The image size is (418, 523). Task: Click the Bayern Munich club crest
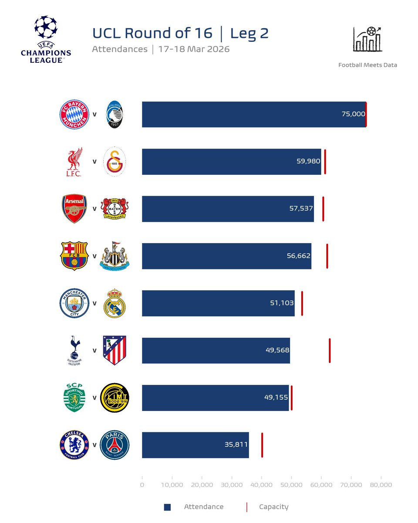pos(74,115)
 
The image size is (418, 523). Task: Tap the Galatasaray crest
pos(115,162)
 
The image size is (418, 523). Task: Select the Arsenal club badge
pos(74,209)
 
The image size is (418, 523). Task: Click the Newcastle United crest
pos(115,256)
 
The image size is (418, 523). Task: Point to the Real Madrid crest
pos(115,303)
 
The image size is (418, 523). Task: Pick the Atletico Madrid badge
pos(115,350)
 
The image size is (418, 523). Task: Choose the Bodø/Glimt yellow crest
pos(115,397)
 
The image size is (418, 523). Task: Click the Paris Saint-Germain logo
pos(115,445)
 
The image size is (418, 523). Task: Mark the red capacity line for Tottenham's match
pos(330,350)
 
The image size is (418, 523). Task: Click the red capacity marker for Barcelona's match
pos(327,256)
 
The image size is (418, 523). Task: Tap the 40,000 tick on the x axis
pos(262,485)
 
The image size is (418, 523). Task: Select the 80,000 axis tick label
pos(381,485)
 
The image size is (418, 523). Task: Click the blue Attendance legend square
pos(167,507)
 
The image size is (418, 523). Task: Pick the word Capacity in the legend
pos(273,507)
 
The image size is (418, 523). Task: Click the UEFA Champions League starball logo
pos(46,27)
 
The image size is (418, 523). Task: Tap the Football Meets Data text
pos(367,65)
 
